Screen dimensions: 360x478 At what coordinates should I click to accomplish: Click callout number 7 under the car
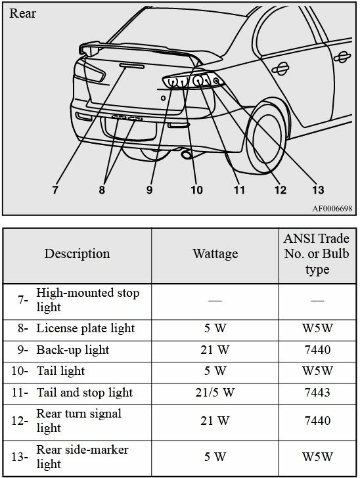click(x=55, y=190)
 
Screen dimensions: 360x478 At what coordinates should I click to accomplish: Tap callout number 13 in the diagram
click(x=318, y=190)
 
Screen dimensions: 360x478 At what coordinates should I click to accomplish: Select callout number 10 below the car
click(x=196, y=190)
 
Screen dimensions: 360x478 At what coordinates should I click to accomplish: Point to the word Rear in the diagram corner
click(x=22, y=13)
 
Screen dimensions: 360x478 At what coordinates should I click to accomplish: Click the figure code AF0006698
click(x=332, y=209)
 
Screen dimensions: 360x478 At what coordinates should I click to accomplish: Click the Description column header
click(x=77, y=253)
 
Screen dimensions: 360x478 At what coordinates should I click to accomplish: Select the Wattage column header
click(x=215, y=253)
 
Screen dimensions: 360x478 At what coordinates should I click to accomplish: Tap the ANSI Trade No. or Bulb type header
click(x=317, y=254)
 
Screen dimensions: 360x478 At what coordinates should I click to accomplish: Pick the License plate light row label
click(x=85, y=328)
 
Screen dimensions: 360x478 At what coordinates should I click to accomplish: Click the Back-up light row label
click(x=73, y=350)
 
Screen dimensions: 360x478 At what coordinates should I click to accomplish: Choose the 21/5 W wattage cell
click(x=215, y=393)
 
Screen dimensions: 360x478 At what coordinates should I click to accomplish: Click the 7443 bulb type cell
click(x=317, y=393)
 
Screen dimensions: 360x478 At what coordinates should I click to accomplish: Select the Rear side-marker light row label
click(x=82, y=456)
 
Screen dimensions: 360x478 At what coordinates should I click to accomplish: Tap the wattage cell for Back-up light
click(x=215, y=350)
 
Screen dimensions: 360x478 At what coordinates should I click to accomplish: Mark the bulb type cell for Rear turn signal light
click(x=317, y=421)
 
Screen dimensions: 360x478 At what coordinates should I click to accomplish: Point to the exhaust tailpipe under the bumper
click(x=186, y=154)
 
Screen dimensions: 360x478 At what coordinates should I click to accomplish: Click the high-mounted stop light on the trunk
click(x=131, y=66)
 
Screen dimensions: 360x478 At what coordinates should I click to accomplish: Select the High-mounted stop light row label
click(x=88, y=299)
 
